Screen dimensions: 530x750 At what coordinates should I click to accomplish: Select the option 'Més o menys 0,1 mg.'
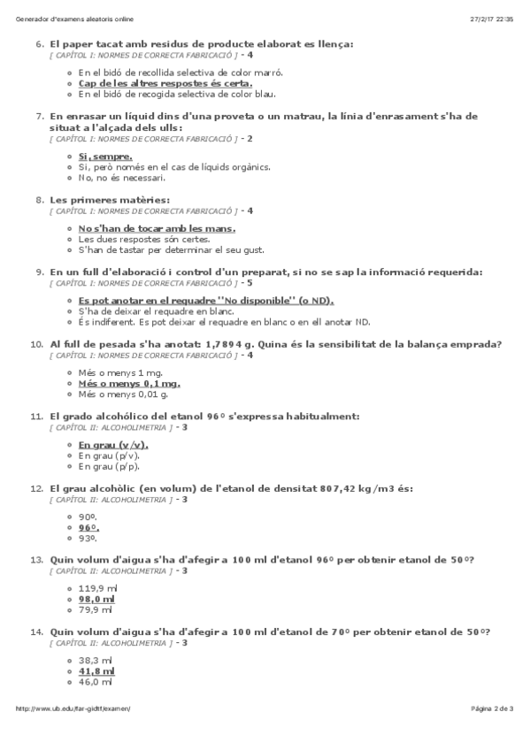[x=129, y=385]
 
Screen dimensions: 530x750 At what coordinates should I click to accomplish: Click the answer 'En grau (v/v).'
[x=113, y=445]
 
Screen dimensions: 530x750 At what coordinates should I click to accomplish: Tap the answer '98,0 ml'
[x=96, y=599]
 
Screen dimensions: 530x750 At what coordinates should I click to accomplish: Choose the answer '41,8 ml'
[x=96, y=671]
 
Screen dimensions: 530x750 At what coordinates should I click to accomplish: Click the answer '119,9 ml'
[x=97, y=588]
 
